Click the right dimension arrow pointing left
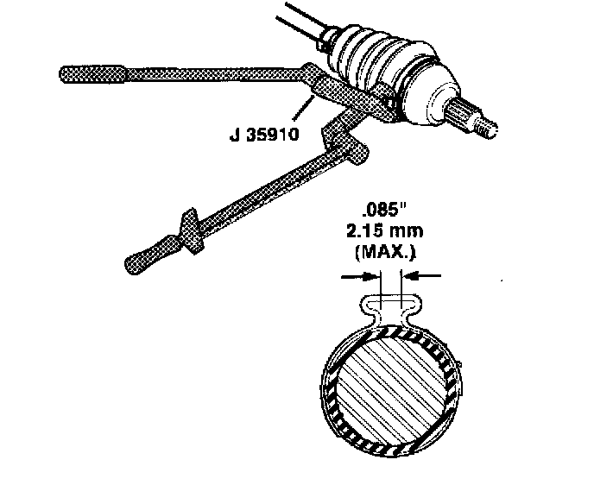[425, 277]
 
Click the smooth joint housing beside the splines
[437, 99]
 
